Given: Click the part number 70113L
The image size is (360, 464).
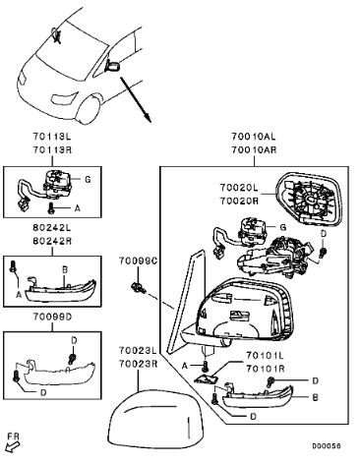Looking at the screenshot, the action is point(51,136).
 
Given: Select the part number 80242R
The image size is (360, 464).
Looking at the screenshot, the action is point(52,241).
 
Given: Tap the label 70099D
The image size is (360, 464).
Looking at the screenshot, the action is point(52,318).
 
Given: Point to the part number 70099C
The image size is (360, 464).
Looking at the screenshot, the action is point(138,261).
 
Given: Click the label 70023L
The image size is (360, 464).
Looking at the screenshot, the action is point(138,350).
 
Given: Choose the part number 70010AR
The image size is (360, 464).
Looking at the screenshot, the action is point(254,150).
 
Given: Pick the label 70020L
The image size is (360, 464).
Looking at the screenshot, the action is point(239,188).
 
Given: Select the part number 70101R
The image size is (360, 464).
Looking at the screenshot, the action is point(266,369).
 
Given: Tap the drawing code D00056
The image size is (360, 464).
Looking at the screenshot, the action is point(327,446).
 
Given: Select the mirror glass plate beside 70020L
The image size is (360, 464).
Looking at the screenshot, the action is point(310,199).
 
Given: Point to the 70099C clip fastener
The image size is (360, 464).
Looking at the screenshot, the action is point(139,288).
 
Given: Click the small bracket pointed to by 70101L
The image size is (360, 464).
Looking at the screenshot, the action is point(207,378).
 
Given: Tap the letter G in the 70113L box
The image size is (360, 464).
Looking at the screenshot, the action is point(88,179).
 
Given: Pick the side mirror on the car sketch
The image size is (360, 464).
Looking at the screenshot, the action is point(112,65).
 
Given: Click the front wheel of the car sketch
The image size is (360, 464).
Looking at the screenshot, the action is point(89,109).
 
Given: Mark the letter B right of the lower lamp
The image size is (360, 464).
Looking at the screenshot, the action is point(315,397).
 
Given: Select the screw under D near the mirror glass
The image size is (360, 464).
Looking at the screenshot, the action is point(323,252).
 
